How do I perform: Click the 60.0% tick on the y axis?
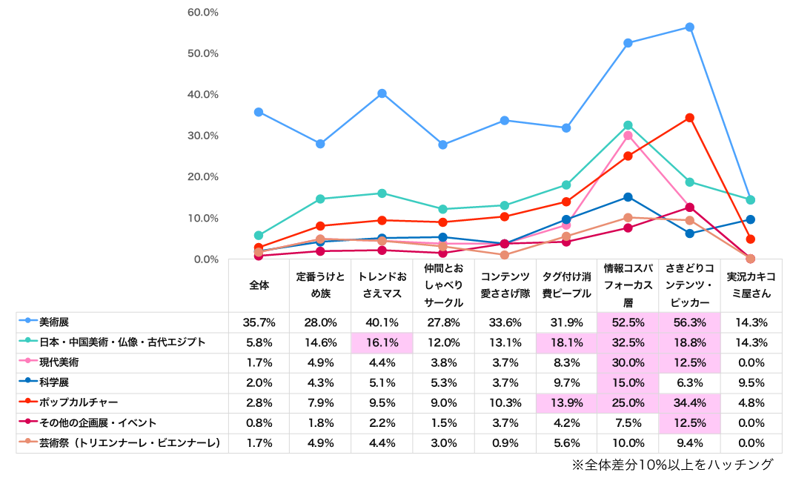(202, 13)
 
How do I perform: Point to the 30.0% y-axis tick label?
(202, 136)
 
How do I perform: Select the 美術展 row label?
(54, 322)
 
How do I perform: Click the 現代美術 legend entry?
(59, 362)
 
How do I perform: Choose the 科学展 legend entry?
(54, 382)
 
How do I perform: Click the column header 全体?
(259, 285)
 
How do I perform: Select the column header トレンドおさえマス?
(382, 285)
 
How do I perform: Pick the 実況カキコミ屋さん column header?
(751, 285)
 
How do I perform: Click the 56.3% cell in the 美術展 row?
(689, 322)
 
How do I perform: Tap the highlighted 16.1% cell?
(382, 342)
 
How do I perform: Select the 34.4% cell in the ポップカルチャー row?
(689, 403)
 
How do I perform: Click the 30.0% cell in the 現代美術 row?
(628, 362)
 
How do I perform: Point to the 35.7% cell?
(259, 322)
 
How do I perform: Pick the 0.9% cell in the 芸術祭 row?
(505, 443)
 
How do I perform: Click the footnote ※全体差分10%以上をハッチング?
(672, 465)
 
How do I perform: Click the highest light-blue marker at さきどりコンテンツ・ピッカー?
(689, 27)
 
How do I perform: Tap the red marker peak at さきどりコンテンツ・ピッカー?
(689, 118)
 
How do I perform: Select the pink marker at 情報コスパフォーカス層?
(628, 136)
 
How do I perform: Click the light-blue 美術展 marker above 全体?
(259, 112)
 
